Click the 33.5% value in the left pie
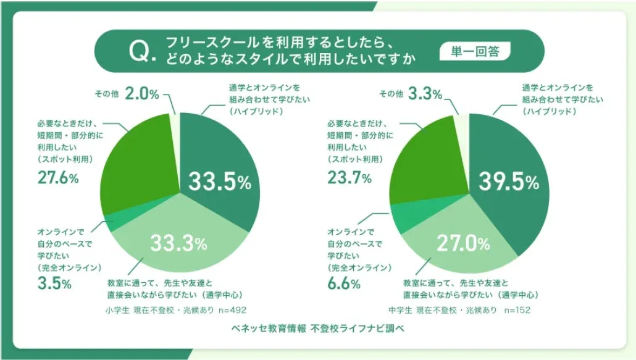click(219, 182)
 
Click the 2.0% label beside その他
click(142, 94)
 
